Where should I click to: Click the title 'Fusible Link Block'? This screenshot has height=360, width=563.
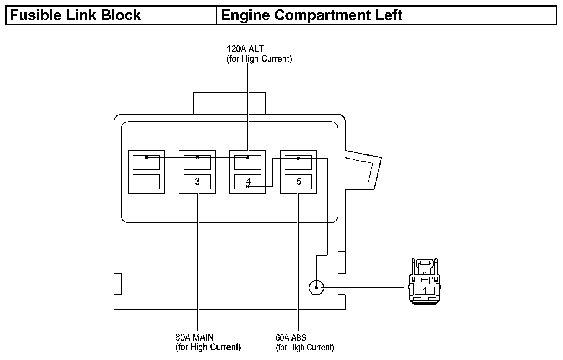[x=75, y=15]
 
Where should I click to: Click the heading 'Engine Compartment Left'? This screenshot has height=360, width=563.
[x=312, y=15]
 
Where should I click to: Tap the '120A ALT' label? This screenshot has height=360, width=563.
[x=245, y=49]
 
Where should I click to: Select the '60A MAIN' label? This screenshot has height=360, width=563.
[x=194, y=337]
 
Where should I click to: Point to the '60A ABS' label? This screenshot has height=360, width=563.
[x=291, y=337]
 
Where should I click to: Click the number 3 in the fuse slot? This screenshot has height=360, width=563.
[x=197, y=181]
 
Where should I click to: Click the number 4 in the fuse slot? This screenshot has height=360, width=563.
[x=248, y=181]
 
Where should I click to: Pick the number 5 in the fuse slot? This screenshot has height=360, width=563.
[x=299, y=181]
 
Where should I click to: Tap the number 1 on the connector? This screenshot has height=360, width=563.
[x=425, y=291]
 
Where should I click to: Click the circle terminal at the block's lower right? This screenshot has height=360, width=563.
[x=316, y=288]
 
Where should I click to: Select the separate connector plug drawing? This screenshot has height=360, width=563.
[x=425, y=281]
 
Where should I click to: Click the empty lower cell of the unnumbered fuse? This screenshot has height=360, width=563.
[x=146, y=182]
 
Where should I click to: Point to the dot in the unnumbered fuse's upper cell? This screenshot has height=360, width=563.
[x=146, y=158]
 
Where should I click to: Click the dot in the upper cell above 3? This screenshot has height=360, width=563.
[x=197, y=158]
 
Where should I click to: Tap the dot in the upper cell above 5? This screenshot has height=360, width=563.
[x=298, y=159]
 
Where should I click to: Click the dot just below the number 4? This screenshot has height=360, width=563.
[x=248, y=186]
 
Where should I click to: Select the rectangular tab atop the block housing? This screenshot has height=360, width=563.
[x=229, y=104]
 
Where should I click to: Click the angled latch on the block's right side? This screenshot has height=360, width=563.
[x=363, y=170]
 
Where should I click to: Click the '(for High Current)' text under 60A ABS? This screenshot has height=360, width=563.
[x=305, y=347]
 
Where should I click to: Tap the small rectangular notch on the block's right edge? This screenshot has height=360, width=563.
[x=341, y=244]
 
